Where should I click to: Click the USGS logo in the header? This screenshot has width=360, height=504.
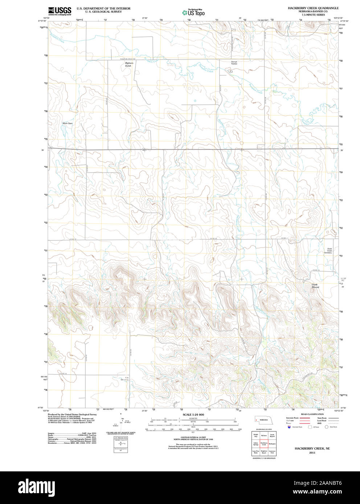(x=60, y=11)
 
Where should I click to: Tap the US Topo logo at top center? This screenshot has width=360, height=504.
(x=193, y=12)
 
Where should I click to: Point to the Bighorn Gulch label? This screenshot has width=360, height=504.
(x=129, y=64)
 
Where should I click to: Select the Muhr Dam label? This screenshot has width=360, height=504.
(x=68, y=123)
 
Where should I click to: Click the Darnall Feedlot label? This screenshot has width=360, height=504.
(x=234, y=63)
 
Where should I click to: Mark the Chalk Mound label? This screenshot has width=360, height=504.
(x=315, y=286)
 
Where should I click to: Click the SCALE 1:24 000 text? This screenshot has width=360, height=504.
(x=193, y=414)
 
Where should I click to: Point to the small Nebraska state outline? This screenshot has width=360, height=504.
(x=263, y=419)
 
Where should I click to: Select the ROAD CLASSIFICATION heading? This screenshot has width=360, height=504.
(x=312, y=414)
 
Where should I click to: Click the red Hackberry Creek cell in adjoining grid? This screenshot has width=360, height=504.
(x=264, y=443)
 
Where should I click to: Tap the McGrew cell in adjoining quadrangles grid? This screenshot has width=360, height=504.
(x=264, y=435)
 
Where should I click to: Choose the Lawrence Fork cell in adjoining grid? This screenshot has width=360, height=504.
(x=272, y=452)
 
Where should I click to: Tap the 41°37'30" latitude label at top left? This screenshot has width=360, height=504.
(x=43, y=21)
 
